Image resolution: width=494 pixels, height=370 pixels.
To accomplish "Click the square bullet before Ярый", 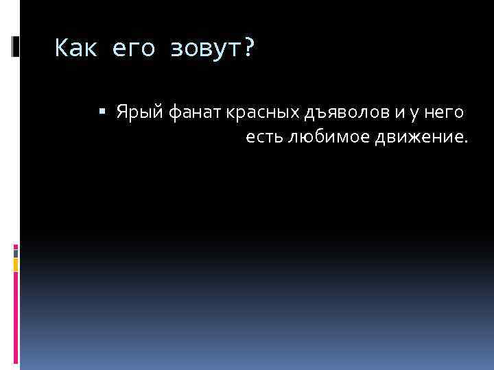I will pos(102,110).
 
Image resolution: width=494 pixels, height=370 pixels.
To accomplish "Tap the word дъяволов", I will pos(327,112).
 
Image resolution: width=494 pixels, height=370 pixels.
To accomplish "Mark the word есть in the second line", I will pos(263,138).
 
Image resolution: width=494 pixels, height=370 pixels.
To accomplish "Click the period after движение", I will pos(466,143).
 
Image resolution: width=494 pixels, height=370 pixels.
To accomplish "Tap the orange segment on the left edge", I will pos(16,264).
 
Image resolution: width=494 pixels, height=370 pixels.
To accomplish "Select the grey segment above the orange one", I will pos(16,251).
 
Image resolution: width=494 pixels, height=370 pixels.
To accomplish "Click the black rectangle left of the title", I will pos(16,46).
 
